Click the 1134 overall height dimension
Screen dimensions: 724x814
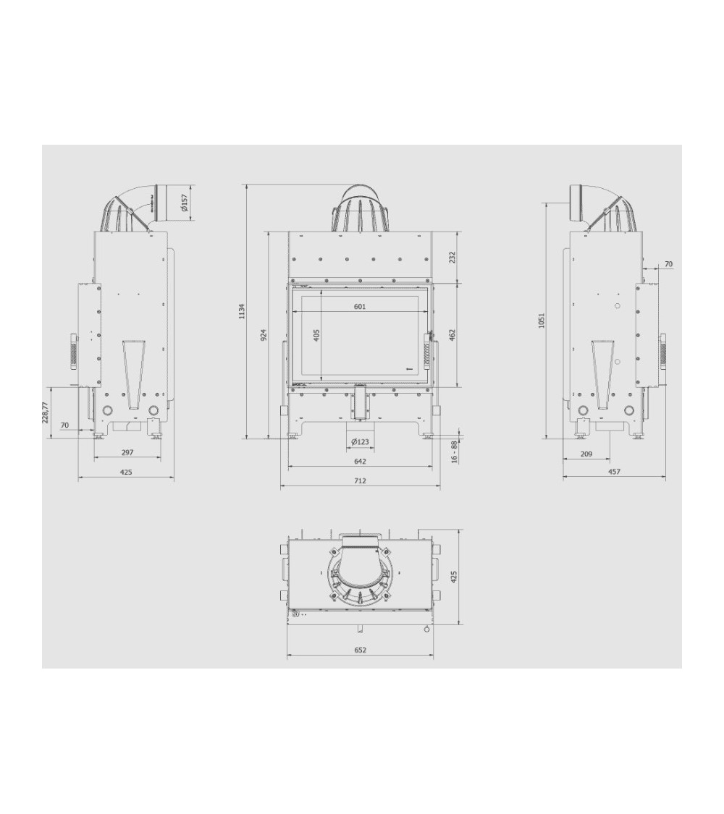coord(242,311)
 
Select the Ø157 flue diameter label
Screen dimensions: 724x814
coord(183,203)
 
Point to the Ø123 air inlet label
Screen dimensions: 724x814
coord(360,442)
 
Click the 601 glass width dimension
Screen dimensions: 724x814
coord(360,306)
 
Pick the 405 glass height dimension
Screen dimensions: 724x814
coord(317,335)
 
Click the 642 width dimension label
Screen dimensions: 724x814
coord(360,461)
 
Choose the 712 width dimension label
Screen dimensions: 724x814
coord(360,480)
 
